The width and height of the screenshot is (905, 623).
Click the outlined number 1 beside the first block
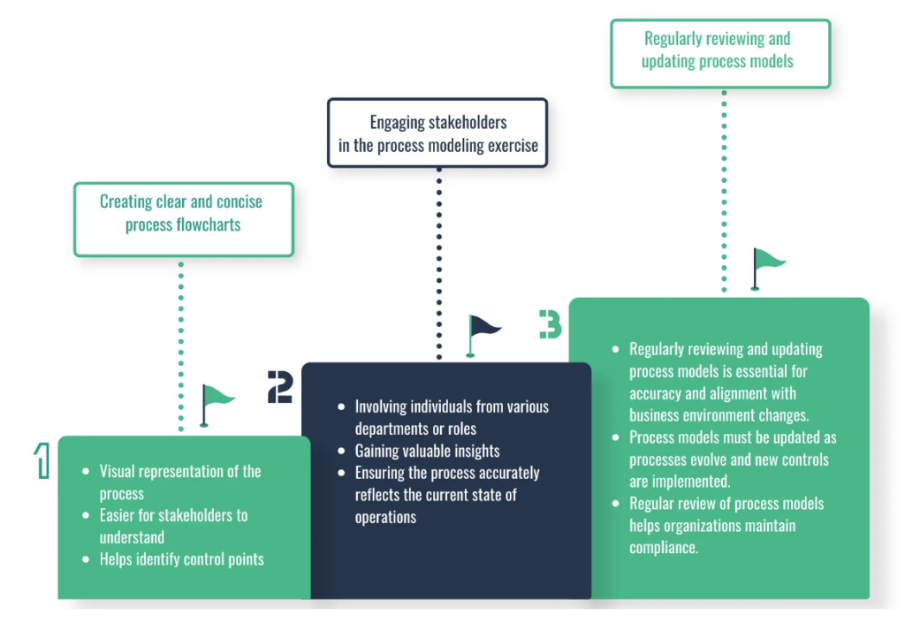(42, 461)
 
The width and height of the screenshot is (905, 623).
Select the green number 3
(550, 324)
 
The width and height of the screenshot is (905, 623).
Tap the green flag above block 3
(767, 266)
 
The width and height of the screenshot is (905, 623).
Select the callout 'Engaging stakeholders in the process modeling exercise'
(437, 133)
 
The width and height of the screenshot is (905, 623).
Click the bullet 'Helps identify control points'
(181, 559)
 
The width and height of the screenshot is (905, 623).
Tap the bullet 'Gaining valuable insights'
(427, 451)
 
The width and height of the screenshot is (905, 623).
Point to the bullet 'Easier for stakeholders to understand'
(173, 526)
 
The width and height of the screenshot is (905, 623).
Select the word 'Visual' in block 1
(119, 471)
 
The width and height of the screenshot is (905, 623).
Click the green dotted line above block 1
(181, 345)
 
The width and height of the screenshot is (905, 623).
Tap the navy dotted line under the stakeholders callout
(438, 265)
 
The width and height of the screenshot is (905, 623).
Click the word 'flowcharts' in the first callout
(209, 224)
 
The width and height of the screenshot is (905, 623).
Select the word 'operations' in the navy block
(385, 518)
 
